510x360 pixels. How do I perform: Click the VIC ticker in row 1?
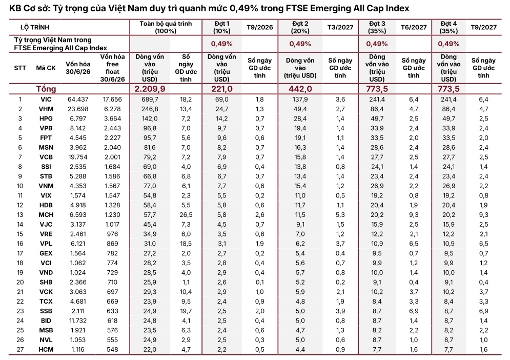pyautogui.click(x=46, y=99)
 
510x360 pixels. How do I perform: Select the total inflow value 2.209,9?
pyautogui.click(x=150, y=89)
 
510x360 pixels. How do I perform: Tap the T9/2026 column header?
pyautogui.click(x=259, y=27)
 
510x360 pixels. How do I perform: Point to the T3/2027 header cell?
pyautogui.click(x=340, y=27)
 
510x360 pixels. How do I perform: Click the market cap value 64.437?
pyautogui.click(x=78, y=99)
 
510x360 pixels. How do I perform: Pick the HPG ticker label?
pyautogui.click(x=46, y=119)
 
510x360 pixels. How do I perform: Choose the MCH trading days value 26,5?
pyautogui.click(x=186, y=215)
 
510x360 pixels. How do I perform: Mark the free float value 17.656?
pyautogui.click(x=112, y=99)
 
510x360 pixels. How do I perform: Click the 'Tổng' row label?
pyautogui.click(x=46, y=89)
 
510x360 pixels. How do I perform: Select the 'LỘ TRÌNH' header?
pyautogui.click(x=35, y=27)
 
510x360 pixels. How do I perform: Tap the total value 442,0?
pyautogui.click(x=300, y=89)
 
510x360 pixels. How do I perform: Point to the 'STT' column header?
pyautogui.click(x=20, y=68)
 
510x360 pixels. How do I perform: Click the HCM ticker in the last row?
pyautogui.click(x=46, y=350)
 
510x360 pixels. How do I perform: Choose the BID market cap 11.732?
pyautogui.click(x=78, y=321)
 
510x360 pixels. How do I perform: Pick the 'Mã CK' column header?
pyautogui.click(x=46, y=68)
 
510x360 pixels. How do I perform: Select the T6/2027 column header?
pyautogui.click(x=414, y=27)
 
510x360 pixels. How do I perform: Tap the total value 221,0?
pyautogui.click(x=222, y=89)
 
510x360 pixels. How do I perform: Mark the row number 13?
pyautogui.click(x=20, y=215)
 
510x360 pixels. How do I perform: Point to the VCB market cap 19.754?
pyautogui.click(x=78, y=157)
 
